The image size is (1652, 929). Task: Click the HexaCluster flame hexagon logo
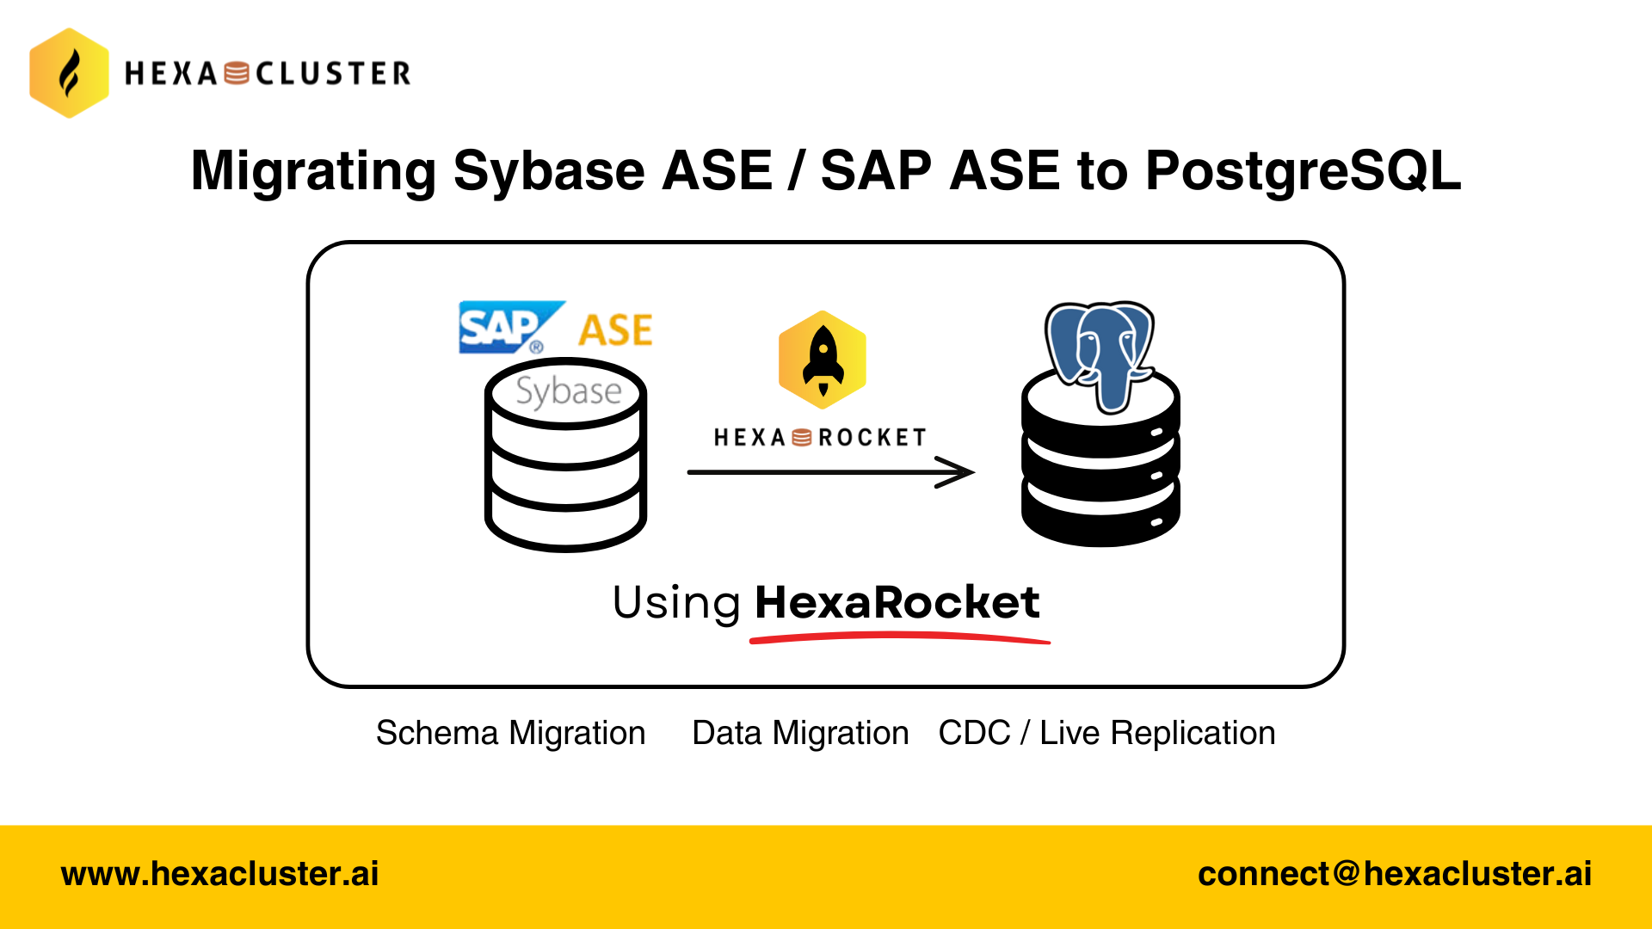click(x=69, y=73)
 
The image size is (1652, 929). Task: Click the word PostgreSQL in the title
click(x=1303, y=170)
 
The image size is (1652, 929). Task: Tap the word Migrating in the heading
click(x=313, y=170)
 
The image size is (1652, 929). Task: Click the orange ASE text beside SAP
click(x=615, y=330)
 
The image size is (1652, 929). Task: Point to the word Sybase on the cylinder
click(x=568, y=391)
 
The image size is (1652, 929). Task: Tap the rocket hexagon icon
click(x=823, y=360)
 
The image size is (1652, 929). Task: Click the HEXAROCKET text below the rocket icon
click(x=820, y=438)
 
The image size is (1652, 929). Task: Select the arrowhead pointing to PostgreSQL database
click(x=957, y=472)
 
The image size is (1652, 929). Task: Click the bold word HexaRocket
click(x=897, y=602)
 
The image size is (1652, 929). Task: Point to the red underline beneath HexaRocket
click(x=899, y=637)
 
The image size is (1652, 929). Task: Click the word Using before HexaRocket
click(x=676, y=602)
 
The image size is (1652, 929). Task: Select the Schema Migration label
click(x=511, y=734)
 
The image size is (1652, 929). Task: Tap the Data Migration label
click(x=800, y=734)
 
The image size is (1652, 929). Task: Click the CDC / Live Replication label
click(x=1106, y=734)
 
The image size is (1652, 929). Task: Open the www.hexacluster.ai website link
click(x=220, y=874)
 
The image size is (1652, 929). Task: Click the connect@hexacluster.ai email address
click(x=1395, y=874)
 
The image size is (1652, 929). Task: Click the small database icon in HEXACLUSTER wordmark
click(x=237, y=74)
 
